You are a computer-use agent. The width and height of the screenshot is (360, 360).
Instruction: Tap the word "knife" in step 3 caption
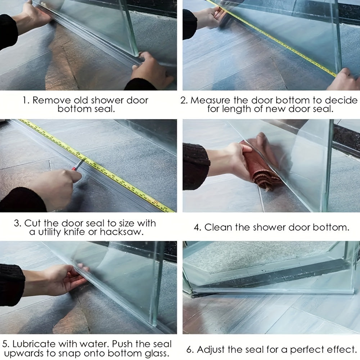(x=74, y=232)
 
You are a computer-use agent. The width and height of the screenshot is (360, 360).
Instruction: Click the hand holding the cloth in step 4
(x=234, y=158)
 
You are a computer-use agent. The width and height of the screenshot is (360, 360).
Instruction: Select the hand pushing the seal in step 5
(x=63, y=279)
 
